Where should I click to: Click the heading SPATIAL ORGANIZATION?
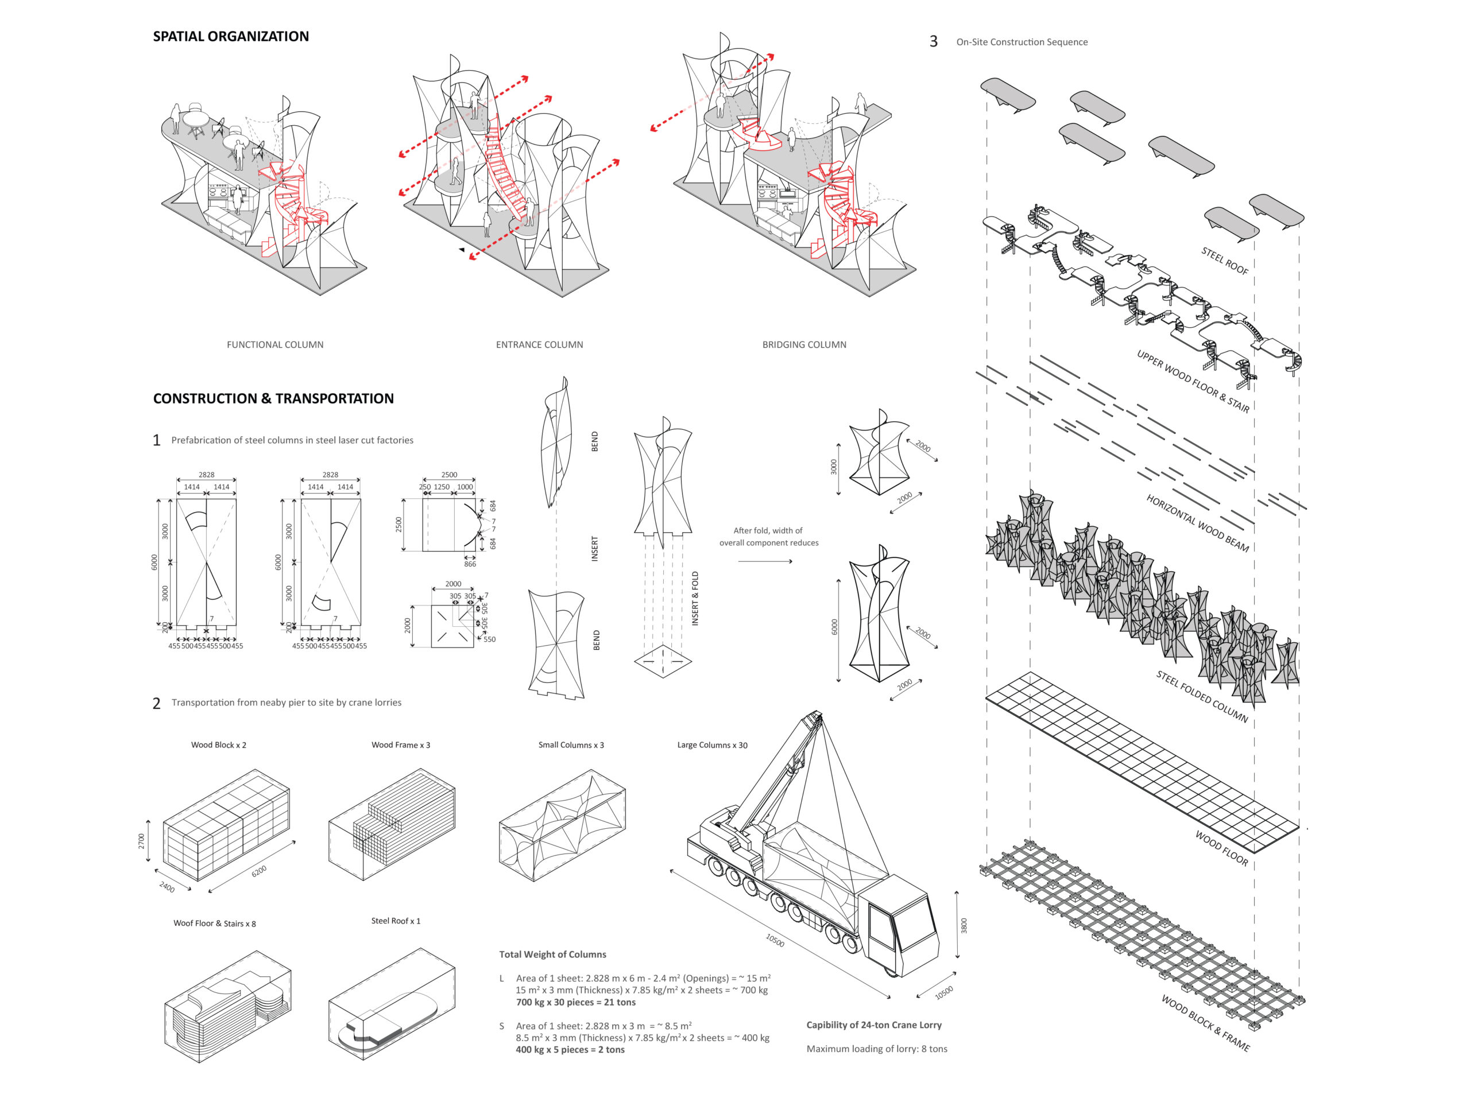coord(231,37)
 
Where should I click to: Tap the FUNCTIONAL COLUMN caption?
coord(275,345)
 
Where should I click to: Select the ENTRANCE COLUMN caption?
coord(539,345)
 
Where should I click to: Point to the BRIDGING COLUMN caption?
coord(804,345)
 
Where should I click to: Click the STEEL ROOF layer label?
coord(1224,261)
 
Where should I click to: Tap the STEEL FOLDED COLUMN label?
coord(1201,696)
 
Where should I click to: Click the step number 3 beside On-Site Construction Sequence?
coord(933,42)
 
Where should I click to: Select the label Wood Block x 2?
coord(219,744)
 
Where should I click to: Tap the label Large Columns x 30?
coord(711,744)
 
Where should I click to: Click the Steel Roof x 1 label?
coord(396,921)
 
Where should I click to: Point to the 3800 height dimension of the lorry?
coord(964,925)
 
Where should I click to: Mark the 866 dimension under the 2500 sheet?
coord(470,564)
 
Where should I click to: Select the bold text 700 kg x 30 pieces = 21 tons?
coord(575,1002)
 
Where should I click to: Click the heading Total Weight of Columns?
coord(552,954)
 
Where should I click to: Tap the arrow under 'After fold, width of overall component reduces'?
coord(765,561)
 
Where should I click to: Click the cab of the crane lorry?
coord(897,923)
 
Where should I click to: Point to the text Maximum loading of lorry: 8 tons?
coord(877,1049)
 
